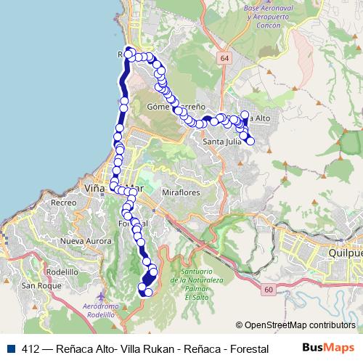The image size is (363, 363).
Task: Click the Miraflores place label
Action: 180,193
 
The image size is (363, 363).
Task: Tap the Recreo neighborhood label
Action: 64,203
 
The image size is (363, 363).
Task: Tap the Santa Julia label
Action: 221,142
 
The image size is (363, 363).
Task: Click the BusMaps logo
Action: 329,348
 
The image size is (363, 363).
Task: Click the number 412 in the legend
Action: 31,348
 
